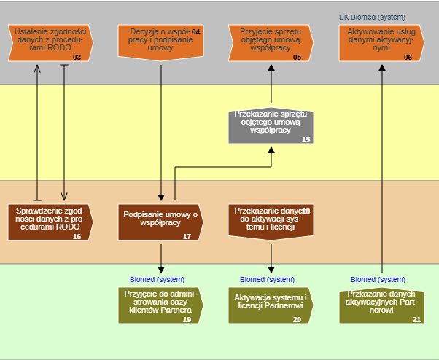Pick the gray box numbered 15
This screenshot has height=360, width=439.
(271, 126)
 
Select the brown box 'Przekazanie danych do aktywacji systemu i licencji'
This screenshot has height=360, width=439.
(271, 221)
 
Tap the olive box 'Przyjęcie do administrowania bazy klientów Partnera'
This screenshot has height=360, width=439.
(160, 305)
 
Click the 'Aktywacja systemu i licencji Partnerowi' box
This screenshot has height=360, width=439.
(271, 305)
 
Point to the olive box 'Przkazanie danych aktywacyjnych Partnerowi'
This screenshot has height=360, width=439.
(381, 305)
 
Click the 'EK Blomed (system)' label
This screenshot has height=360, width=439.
(372, 17)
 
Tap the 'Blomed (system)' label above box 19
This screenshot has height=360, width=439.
(157, 279)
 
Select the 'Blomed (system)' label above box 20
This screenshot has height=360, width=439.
(267, 279)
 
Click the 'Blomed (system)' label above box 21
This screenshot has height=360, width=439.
(378, 279)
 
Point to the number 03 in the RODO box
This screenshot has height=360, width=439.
(77, 56)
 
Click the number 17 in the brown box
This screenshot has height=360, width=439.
(187, 236)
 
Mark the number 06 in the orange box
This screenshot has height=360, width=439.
(408, 56)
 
